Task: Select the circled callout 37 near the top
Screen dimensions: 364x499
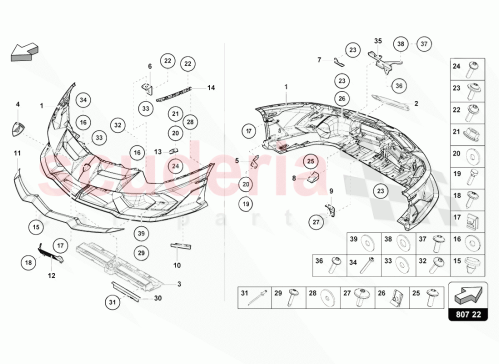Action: pos(424,44)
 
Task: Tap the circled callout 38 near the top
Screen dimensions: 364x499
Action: pos(400,44)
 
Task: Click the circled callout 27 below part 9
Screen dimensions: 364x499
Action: pos(317,221)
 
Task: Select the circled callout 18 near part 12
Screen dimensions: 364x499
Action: pos(27,261)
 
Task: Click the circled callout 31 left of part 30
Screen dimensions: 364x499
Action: pos(113,301)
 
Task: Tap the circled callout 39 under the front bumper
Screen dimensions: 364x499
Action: pos(141,232)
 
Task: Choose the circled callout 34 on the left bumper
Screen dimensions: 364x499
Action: pos(83,100)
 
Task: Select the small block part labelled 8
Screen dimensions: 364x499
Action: pos(310,177)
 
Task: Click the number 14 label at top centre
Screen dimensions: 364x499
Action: pos(211,88)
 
